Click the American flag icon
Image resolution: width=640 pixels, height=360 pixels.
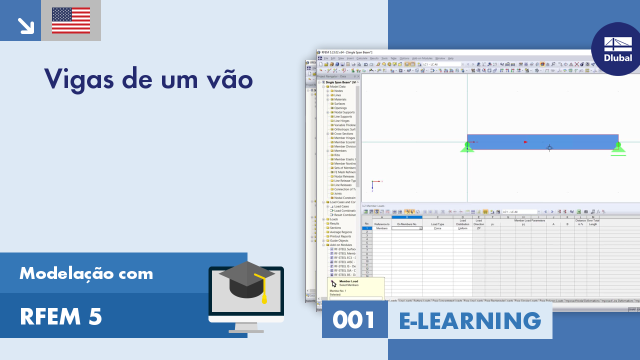(71, 20)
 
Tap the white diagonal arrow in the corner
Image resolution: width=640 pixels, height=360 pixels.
(25, 25)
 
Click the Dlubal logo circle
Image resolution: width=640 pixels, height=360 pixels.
(618, 49)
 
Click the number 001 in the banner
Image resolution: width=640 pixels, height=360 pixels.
(354, 320)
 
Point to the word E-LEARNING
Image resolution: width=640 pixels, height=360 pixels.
(470, 320)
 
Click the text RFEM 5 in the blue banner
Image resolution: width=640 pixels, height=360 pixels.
(61, 316)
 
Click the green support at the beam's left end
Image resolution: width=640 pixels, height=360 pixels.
(467, 147)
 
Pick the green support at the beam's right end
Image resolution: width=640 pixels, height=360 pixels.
(618, 148)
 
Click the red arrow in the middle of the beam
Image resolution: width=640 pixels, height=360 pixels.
(525, 142)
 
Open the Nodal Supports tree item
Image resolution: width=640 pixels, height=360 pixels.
(344, 112)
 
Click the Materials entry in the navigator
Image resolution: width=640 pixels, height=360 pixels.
(340, 99)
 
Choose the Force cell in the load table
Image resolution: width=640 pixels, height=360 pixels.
(437, 228)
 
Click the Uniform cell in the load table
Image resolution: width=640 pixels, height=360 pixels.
(462, 228)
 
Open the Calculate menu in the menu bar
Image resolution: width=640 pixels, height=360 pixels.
(361, 58)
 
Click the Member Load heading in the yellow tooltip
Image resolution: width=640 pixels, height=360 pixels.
(348, 281)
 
